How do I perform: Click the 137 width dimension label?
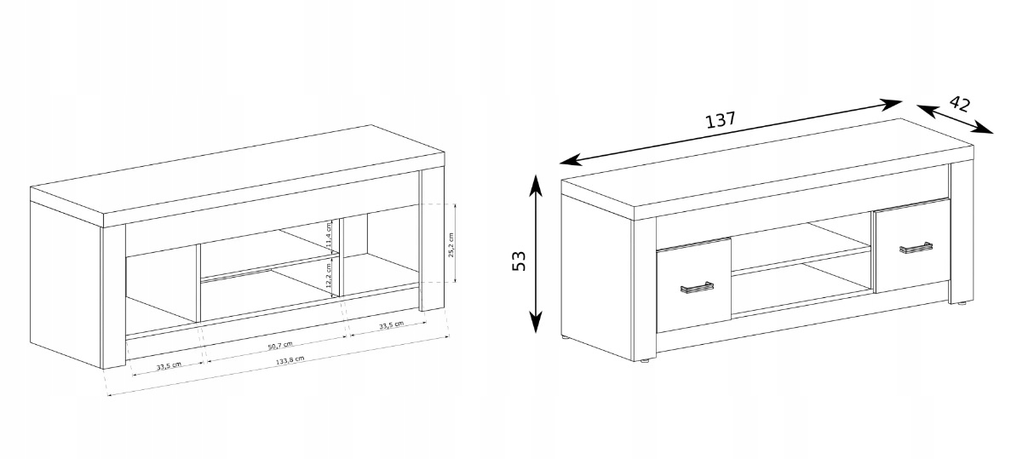coord(720,120)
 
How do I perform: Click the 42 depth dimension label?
coord(960,104)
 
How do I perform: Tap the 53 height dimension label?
coord(519,259)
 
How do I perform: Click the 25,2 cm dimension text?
coord(451,246)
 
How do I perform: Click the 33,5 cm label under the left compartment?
coord(167,367)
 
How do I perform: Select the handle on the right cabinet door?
coord(916,248)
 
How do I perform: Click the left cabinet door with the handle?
coord(694,284)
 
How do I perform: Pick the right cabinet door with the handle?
coord(912,245)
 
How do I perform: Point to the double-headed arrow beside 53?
coord(536,253)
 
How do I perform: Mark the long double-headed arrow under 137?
coord(731,132)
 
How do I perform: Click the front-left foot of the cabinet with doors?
coord(645,362)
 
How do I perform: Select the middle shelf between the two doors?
coord(801,259)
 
